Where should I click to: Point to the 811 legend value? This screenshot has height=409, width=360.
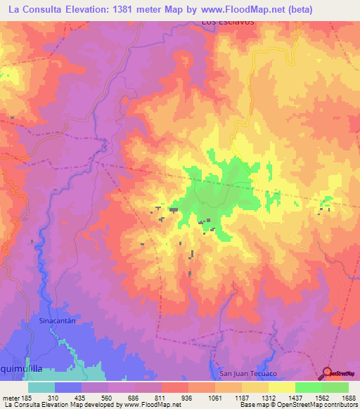148,398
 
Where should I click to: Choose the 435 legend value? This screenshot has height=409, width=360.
94,398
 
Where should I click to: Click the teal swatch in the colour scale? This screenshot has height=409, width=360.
41,387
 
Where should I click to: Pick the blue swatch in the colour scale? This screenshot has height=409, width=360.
68,387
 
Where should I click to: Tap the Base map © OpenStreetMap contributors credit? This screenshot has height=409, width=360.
297,405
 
